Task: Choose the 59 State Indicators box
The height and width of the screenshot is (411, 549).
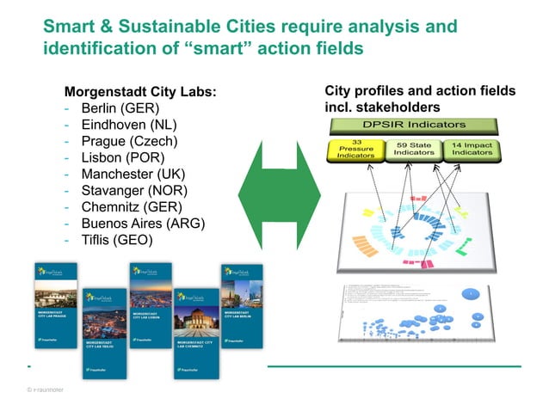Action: [x=409, y=150]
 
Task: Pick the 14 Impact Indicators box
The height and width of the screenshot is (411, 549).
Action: [x=471, y=150]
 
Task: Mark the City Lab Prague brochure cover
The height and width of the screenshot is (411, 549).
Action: [x=56, y=310]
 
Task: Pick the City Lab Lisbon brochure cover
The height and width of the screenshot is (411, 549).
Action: [x=150, y=310]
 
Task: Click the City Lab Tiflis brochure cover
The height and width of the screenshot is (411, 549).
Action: [x=104, y=335]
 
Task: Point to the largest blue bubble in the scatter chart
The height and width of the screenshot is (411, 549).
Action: [x=471, y=295]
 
